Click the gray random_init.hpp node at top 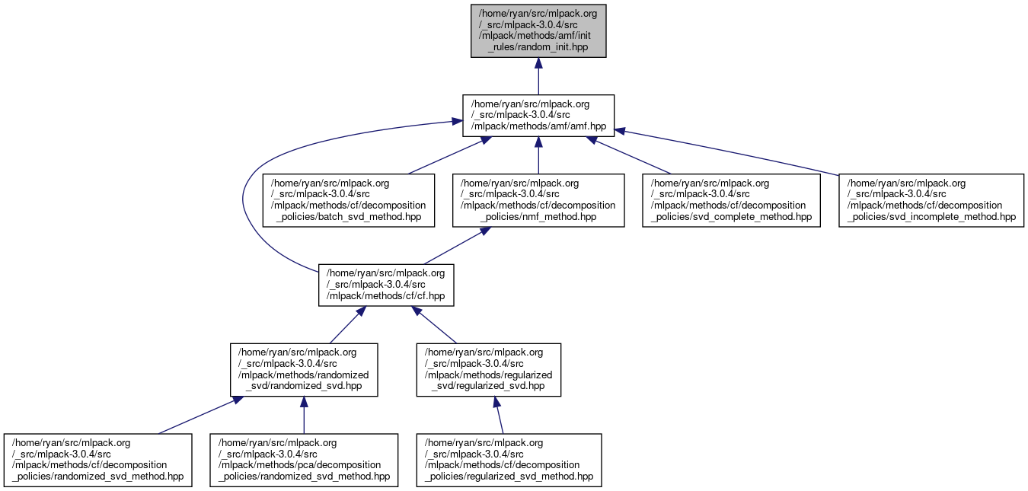pyautogui.click(x=538, y=30)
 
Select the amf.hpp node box pyautogui.click(x=538, y=116)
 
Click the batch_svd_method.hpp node pyautogui.click(x=348, y=200)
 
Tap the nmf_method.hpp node pyautogui.click(x=538, y=200)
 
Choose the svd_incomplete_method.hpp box pyautogui.click(x=931, y=200)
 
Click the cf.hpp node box pyautogui.click(x=386, y=285)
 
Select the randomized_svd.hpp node pyautogui.click(x=304, y=369)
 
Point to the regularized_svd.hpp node pyautogui.click(x=488, y=369)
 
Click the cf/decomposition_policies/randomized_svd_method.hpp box pyautogui.click(x=98, y=460)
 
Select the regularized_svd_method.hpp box pyautogui.click(x=509, y=460)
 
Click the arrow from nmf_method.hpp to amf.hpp pyautogui.click(x=538, y=156)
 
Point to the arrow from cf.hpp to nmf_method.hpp pyautogui.click(x=453, y=246)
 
